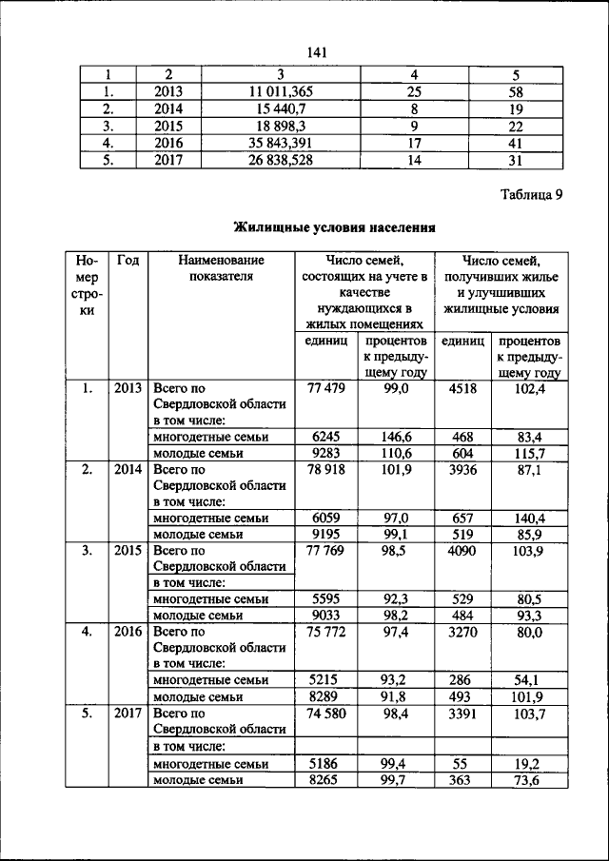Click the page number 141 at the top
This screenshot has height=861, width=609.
pyautogui.click(x=318, y=52)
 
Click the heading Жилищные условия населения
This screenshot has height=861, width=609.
pyautogui.click(x=335, y=227)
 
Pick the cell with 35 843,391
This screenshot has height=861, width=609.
pyautogui.click(x=281, y=143)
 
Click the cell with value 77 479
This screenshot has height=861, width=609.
pyautogui.click(x=325, y=389)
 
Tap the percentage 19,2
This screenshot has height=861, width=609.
pyautogui.click(x=525, y=763)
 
